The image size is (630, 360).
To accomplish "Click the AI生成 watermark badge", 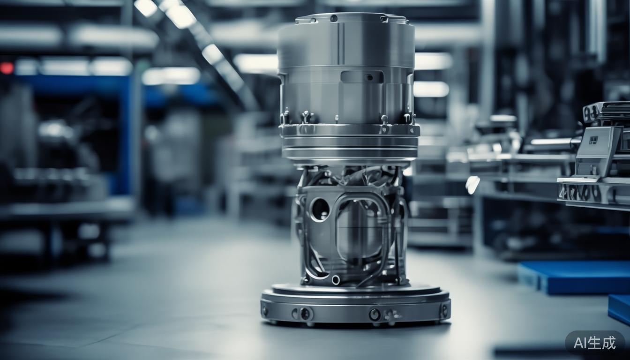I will pyautogui.click(x=594, y=343).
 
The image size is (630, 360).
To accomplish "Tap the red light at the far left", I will pyautogui.click(x=7, y=68).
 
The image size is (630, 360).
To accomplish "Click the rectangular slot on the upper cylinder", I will pyautogui.click(x=361, y=77).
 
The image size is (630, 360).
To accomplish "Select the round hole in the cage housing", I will pyautogui.click(x=320, y=209).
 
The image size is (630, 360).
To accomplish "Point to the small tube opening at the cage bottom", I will pyautogui.click(x=336, y=280).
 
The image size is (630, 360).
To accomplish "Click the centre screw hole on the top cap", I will pyautogui.click(x=333, y=18).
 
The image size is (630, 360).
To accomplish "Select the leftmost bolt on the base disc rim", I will pyautogui.click(x=265, y=310).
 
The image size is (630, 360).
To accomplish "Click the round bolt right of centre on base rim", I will pyautogui.click(x=374, y=314).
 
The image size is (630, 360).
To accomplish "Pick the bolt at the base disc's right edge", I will pyautogui.click(x=443, y=310).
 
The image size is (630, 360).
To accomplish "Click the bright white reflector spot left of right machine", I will pyautogui.click(x=472, y=185).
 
